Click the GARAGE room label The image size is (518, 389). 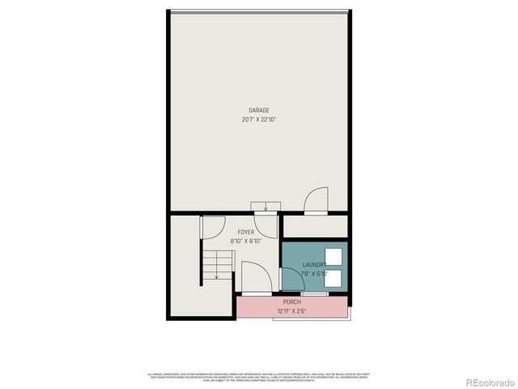click(x=259, y=110)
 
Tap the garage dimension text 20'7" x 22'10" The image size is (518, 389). click(x=259, y=119)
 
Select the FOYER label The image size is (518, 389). click(x=246, y=232)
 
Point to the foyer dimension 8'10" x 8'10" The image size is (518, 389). click(x=246, y=241)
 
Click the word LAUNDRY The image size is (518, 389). click(x=314, y=265)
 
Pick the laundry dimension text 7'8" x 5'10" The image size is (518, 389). click(x=314, y=274)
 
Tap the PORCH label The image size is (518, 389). click(x=292, y=302)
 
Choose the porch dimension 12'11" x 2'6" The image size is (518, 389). click(x=292, y=310)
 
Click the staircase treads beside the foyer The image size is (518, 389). click(x=216, y=264)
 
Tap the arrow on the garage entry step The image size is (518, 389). click(x=265, y=206)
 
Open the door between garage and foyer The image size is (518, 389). click(x=265, y=225)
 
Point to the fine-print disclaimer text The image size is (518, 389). click(x=259, y=376)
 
